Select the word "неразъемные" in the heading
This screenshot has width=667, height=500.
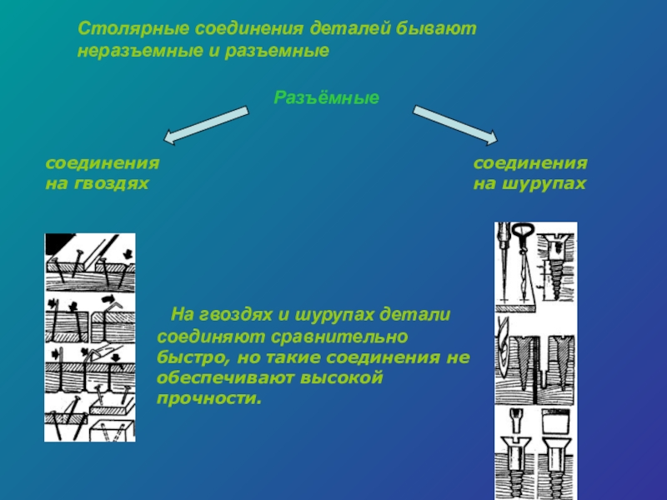tap(127, 51)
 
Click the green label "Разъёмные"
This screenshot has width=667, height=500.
tap(327, 98)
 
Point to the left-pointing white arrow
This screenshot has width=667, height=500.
tap(205, 122)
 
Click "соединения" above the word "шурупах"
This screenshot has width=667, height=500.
tap(530, 164)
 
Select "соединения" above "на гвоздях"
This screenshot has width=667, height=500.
tap(102, 164)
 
